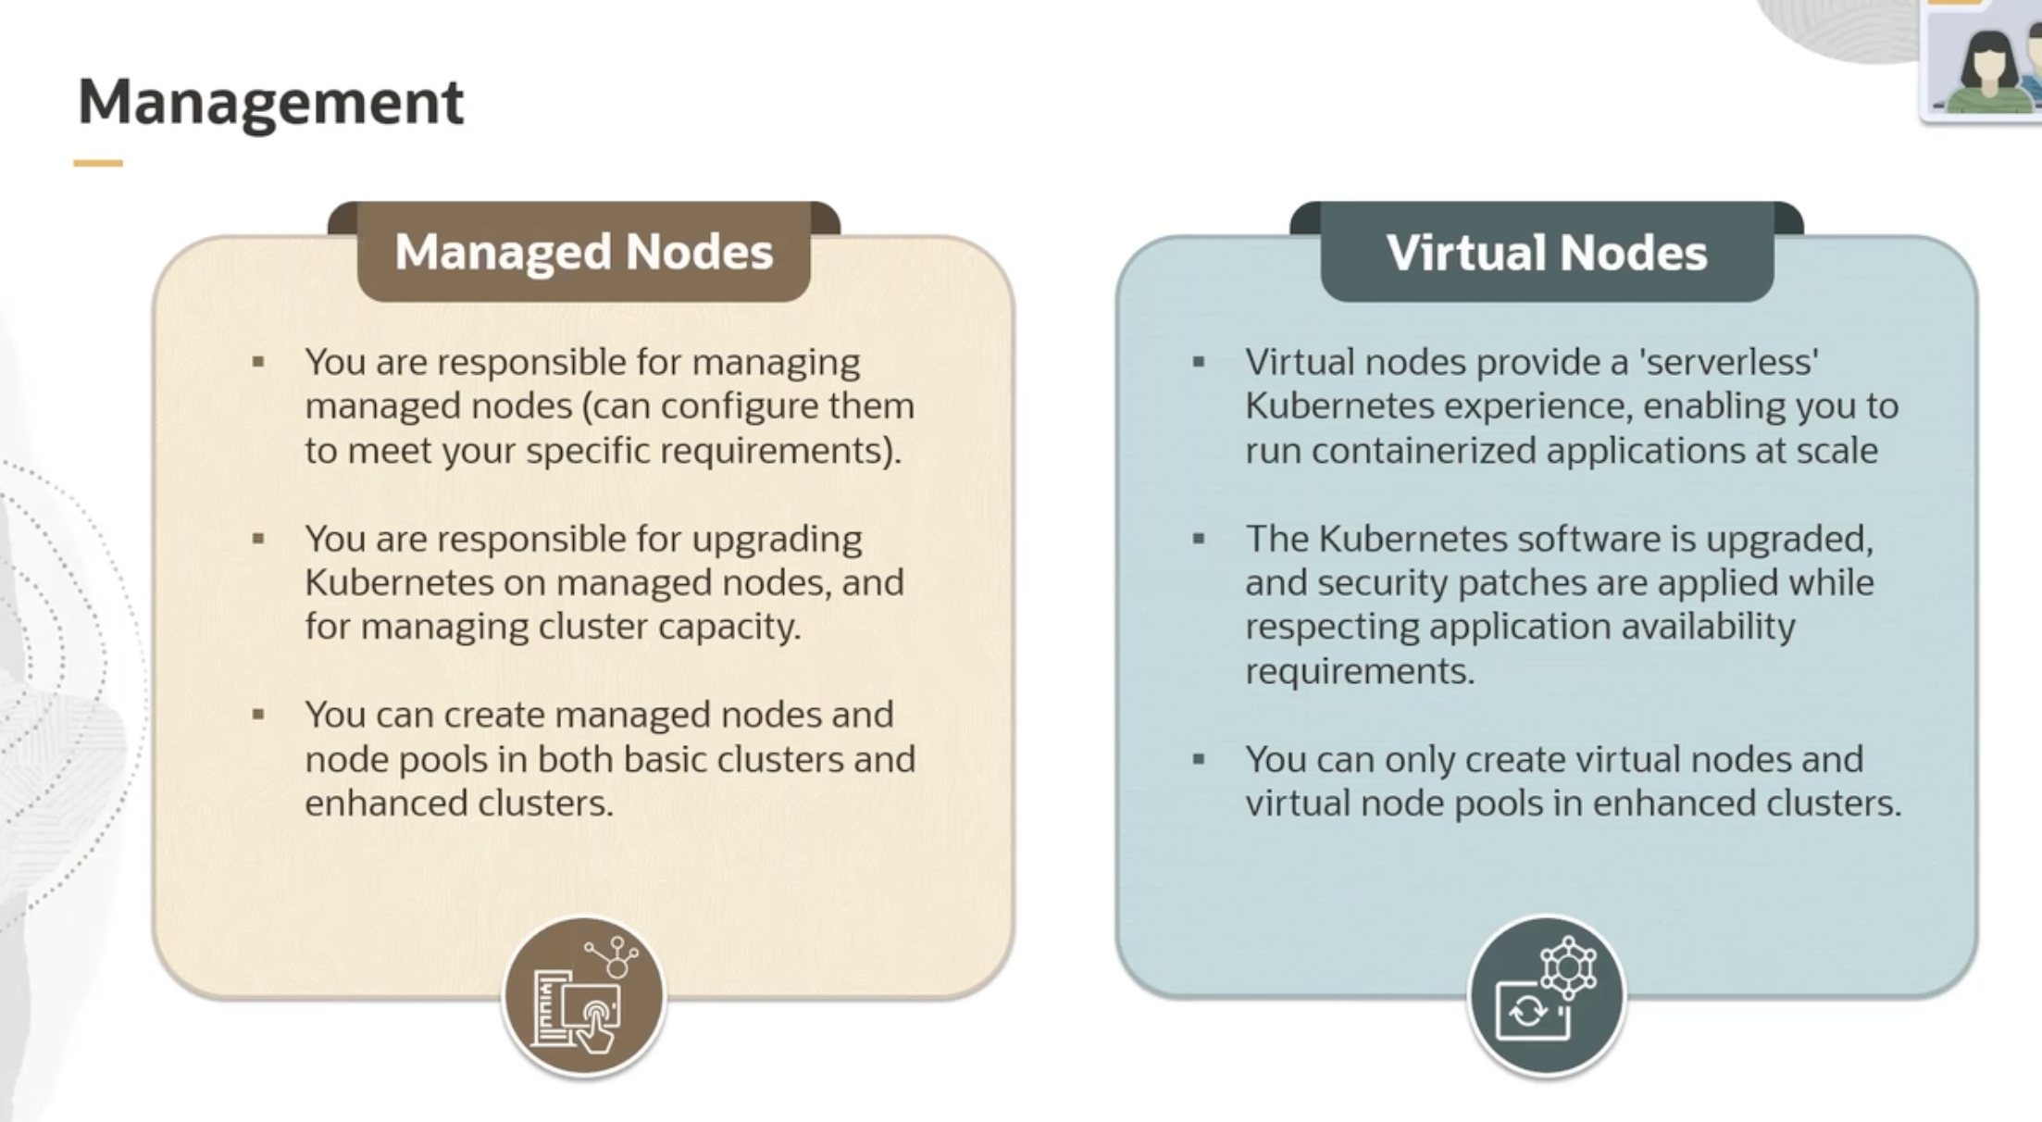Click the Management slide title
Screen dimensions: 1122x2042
coord(270,102)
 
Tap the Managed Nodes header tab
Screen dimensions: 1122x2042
coord(583,252)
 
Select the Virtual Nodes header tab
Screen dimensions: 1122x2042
coord(1546,253)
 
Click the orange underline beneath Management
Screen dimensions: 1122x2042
coord(98,163)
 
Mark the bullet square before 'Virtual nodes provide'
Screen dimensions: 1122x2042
coord(1199,362)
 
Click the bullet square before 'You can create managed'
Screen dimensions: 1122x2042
coord(258,715)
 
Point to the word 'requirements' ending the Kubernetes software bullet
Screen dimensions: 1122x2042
coord(1359,671)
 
